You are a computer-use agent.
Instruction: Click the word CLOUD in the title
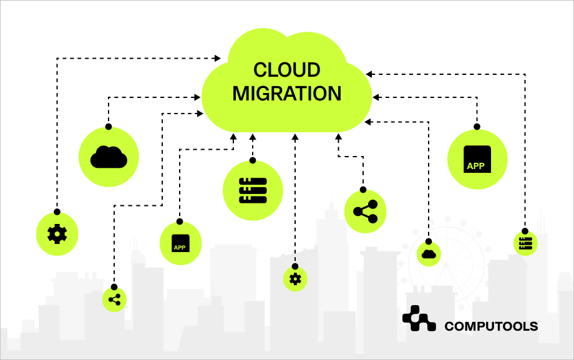click(287, 70)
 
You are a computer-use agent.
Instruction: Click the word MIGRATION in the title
click(287, 94)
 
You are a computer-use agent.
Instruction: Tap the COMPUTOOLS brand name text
click(491, 326)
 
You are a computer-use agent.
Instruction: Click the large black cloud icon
click(109, 157)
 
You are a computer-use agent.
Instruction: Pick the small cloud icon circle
click(429, 254)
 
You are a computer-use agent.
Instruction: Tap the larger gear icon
click(57, 234)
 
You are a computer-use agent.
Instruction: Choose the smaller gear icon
click(295, 279)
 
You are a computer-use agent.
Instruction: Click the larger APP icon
click(477, 159)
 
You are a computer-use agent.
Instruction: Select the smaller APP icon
click(180, 244)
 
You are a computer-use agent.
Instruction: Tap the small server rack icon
click(525, 243)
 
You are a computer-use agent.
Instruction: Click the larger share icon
click(366, 212)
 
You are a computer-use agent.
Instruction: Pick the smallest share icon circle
click(114, 299)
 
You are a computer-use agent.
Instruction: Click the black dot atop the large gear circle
click(57, 212)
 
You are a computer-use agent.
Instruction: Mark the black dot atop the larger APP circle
click(477, 127)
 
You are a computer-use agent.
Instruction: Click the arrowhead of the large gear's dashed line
click(218, 59)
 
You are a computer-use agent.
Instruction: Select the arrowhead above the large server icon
click(253, 137)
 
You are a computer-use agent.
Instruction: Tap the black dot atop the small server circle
click(525, 229)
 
